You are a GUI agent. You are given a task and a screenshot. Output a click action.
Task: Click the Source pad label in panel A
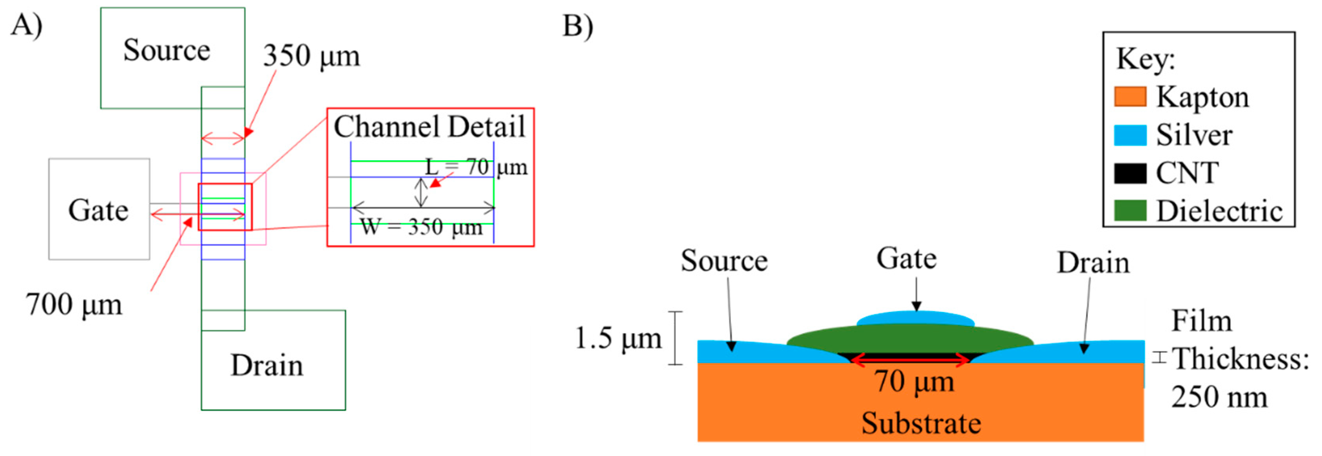tap(167, 50)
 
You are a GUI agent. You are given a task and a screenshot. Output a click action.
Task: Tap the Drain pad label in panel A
tap(267, 365)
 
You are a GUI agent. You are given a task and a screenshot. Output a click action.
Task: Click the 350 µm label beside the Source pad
tap(311, 56)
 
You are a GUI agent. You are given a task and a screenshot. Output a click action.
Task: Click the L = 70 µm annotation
tap(476, 167)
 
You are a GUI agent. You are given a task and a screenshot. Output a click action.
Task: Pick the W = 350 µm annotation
tap(421, 227)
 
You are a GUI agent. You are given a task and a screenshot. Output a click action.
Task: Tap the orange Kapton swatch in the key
tap(1129, 97)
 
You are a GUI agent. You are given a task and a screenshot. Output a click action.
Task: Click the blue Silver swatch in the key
tap(1129, 136)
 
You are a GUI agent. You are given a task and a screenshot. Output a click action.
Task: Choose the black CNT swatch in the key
tap(1129, 173)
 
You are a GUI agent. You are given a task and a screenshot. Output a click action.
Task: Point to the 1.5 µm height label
tap(618, 339)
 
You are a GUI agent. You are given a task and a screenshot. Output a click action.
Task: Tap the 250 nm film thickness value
tap(1219, 397)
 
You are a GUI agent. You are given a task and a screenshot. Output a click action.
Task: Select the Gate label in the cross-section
tap(906, 258)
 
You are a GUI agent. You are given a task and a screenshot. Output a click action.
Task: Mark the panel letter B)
tap(577, 26)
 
